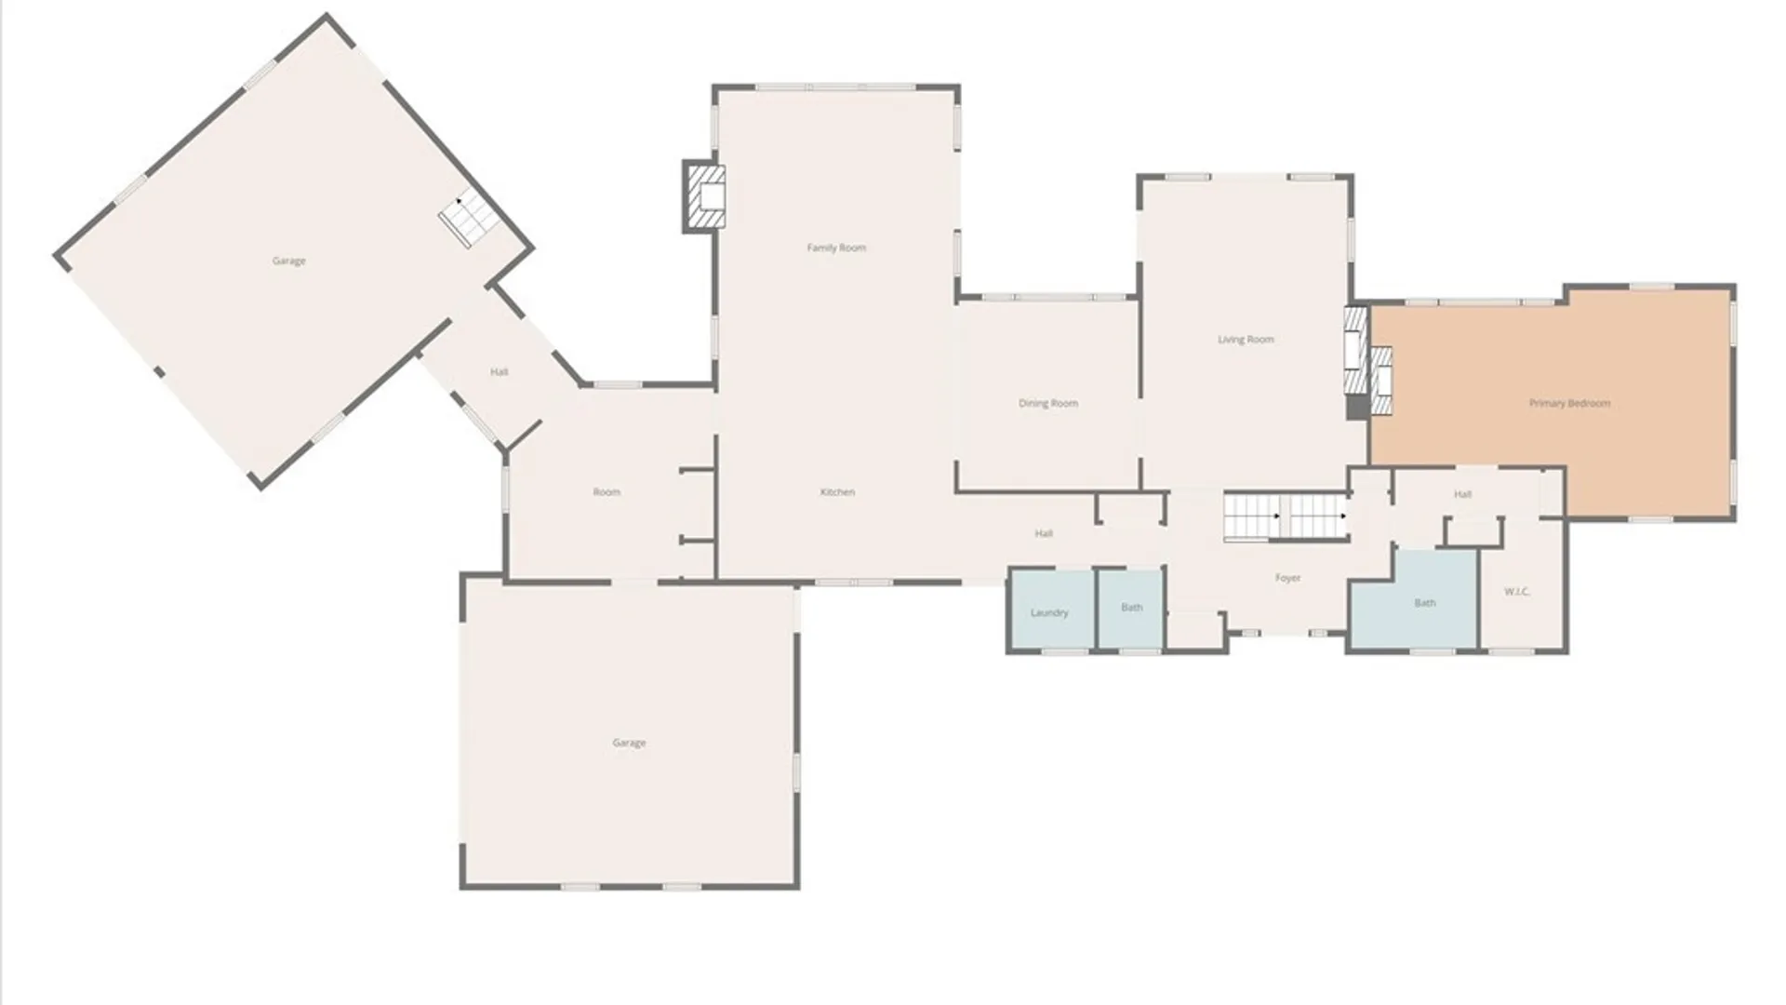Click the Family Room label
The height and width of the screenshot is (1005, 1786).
pyautogui.click(x=836, y=248)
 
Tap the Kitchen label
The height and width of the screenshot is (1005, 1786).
pyautogui.click(x=837, y=492)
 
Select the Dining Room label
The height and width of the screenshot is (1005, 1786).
pyautogui.click(x=1048, y=403)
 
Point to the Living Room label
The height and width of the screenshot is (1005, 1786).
pyautogui.click(x=1246, y=340)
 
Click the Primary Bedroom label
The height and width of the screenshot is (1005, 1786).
pyautogui.click(x=1569, y=403)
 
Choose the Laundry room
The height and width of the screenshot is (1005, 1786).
pyautogui.click(x=1049, y=612)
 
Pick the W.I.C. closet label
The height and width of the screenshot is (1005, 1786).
pyautogui.click(x=1516, y=592)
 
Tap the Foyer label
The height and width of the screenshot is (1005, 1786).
pyautogui.click(x=1287, y=578)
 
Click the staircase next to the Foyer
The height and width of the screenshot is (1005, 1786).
pyautogui.click(x=1285, y=516)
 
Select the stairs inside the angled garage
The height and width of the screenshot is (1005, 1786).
pyautogui.click(x=468, y=220)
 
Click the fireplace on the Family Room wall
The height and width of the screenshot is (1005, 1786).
pyautogui.click(x=704, y=196)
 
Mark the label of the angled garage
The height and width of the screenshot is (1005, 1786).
pyautogui.click(x=288, y=261)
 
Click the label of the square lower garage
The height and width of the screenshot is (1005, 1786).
pyautogui.click(x=629, y=743)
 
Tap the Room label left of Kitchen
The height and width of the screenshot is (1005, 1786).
pyautogui.click(x=606, y=492)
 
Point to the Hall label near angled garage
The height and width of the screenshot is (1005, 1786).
pyautogui.click(x=499, y=372)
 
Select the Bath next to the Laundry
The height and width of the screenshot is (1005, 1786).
pyautogui.click(x=1131, y=608)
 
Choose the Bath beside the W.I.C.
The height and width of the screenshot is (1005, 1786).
pyautogui.click(x=1424, y=603)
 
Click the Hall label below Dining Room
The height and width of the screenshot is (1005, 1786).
pyautogui.click(x=1044, y=534)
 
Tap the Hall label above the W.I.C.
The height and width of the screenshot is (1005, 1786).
pyautogui.click(x=1462, y=495)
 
